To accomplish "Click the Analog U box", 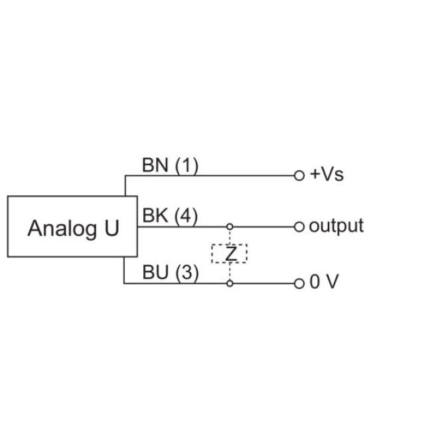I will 72,226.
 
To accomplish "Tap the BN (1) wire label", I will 170,165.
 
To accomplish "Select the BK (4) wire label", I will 170,216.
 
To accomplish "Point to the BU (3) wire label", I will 170,273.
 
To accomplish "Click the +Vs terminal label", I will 327,175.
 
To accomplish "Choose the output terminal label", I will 336,226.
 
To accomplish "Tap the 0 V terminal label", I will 324,282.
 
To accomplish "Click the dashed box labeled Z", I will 230,254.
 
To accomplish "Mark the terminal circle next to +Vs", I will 299,175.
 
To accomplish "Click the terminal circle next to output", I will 299,226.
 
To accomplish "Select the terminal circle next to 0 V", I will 299,283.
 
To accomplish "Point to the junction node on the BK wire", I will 230,226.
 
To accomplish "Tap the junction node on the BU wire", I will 230,283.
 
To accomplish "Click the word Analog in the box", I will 59,228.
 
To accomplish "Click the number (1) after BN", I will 187,165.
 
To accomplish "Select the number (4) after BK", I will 186,216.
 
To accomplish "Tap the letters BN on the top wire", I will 155,165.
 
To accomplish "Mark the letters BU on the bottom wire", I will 155,273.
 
